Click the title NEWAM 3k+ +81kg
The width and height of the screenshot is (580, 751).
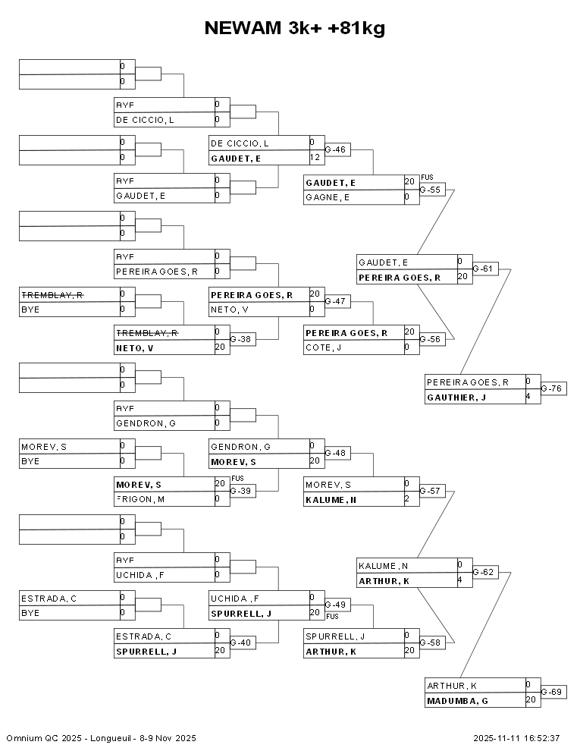point(295,29)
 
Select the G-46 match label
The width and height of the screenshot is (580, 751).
point(335,150)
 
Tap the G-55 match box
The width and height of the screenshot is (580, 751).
point(430,190)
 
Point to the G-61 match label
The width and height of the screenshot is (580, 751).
point(483,269)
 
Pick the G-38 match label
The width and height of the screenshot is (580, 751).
point(240,340)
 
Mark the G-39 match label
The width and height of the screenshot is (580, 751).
point(240,492)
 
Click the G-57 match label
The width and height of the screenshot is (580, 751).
point(430,492)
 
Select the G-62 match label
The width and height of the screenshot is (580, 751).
point(483,573)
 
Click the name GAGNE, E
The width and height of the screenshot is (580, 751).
point(328,197)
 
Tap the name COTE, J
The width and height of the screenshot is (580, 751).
point(324,347)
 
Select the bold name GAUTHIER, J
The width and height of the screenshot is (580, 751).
point(456,397)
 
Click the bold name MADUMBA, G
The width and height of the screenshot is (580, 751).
point(457,701)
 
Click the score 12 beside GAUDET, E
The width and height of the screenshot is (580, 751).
point(315,158)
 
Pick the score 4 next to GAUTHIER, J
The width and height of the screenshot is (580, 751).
point(528,397)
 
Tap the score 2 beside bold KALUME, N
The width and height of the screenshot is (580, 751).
point(407,499)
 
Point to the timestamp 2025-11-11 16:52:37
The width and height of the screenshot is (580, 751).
point(516,738)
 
